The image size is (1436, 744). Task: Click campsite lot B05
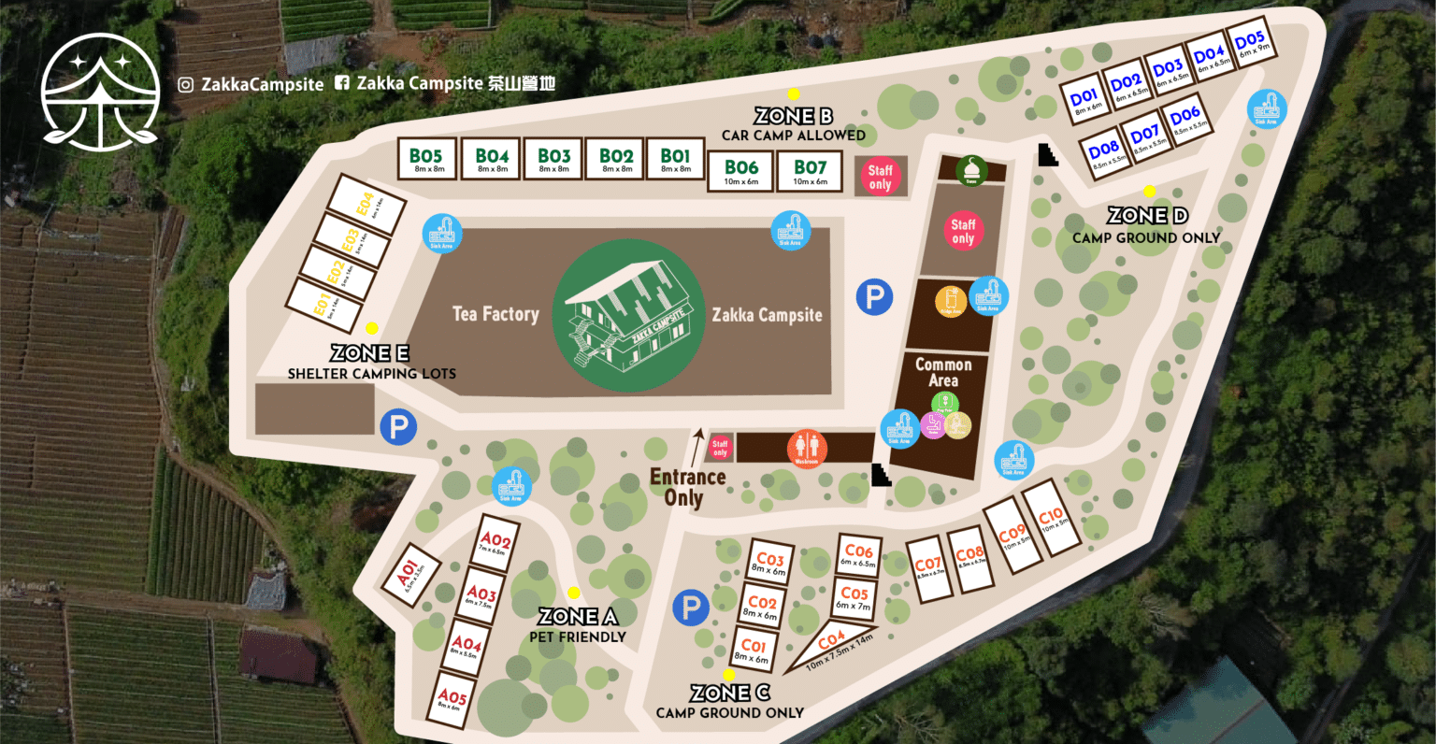click(x=425, y=159)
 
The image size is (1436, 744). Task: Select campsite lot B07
click(x=811, y=172)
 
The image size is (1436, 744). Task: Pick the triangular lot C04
click(x=826, y=649)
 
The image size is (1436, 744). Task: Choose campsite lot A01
click(x=409, y=574)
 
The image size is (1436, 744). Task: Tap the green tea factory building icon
click(x=628, y=315)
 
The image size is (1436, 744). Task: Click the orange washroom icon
click(x=805, y=448)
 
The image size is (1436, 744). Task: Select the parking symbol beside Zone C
click(x=691, y=608)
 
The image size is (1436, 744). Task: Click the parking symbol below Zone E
click(x=398, y=428)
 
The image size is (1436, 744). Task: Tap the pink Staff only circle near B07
click(x=880, y=177)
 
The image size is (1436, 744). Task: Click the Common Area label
click(x=942, y=372)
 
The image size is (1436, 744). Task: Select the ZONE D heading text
click(x=1147, y=216)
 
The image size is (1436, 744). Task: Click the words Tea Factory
click(x=495, y=314)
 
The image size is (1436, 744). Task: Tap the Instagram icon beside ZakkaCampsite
click(x=186, y=85)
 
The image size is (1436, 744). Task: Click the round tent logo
click(x=100, y=92)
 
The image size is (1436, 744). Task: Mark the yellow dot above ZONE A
click(x=573, y=593)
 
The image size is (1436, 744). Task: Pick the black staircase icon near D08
click(x=1048, y=154)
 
